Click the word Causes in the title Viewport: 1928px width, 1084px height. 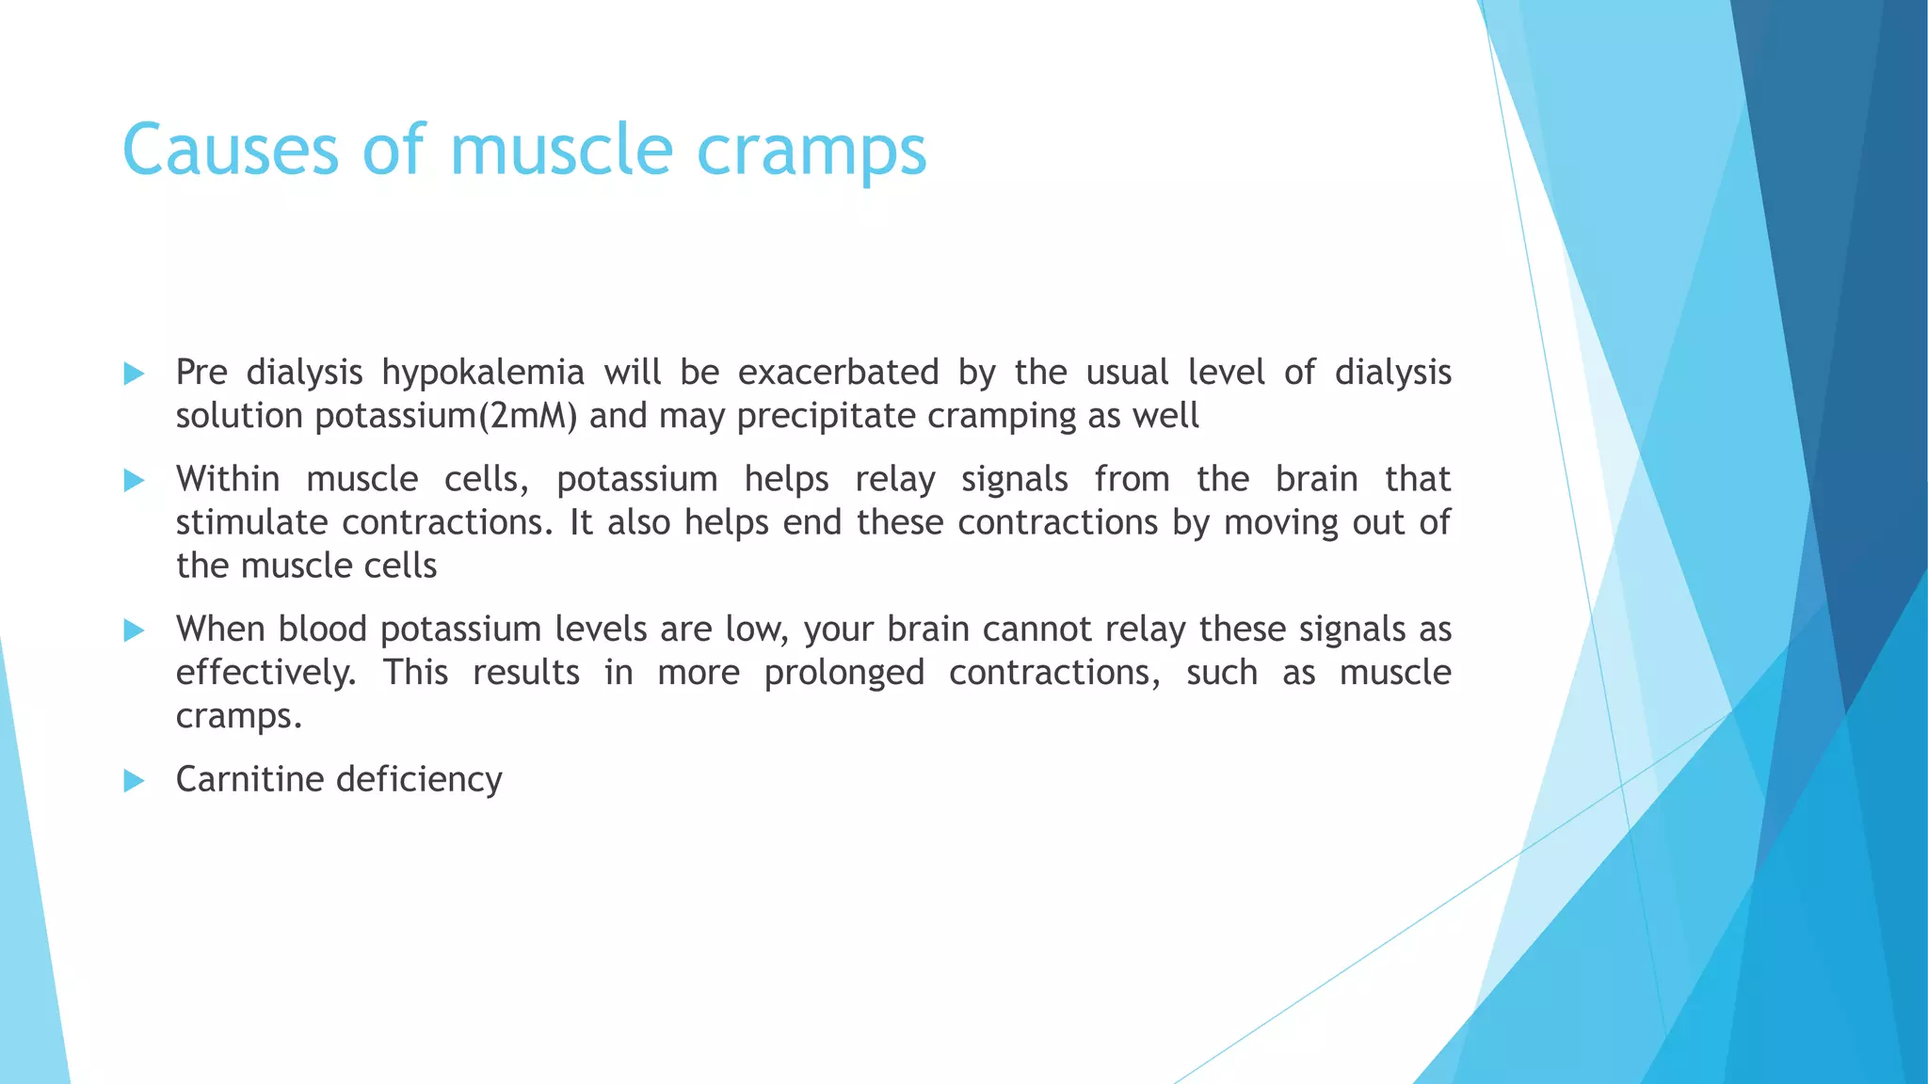[x=230, y=150]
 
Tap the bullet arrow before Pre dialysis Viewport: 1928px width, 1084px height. [x=134, y=375]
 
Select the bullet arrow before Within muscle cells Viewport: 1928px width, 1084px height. [x=134, y=482]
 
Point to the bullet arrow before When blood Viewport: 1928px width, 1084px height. [x=134, y=630]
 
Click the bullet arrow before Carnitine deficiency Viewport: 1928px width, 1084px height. [x=134, y=781]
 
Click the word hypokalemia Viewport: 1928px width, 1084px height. [x=483, y=374]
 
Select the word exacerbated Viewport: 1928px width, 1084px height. [x=838, y=373]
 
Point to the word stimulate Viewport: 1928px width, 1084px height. [x=251, y=523]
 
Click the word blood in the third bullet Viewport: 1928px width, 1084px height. [x=323, y=630]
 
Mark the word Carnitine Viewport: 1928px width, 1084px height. [x=248, y=779]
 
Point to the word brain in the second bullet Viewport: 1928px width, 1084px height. [x=1316, y=480]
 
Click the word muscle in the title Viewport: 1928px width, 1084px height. [x=561, y=150]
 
